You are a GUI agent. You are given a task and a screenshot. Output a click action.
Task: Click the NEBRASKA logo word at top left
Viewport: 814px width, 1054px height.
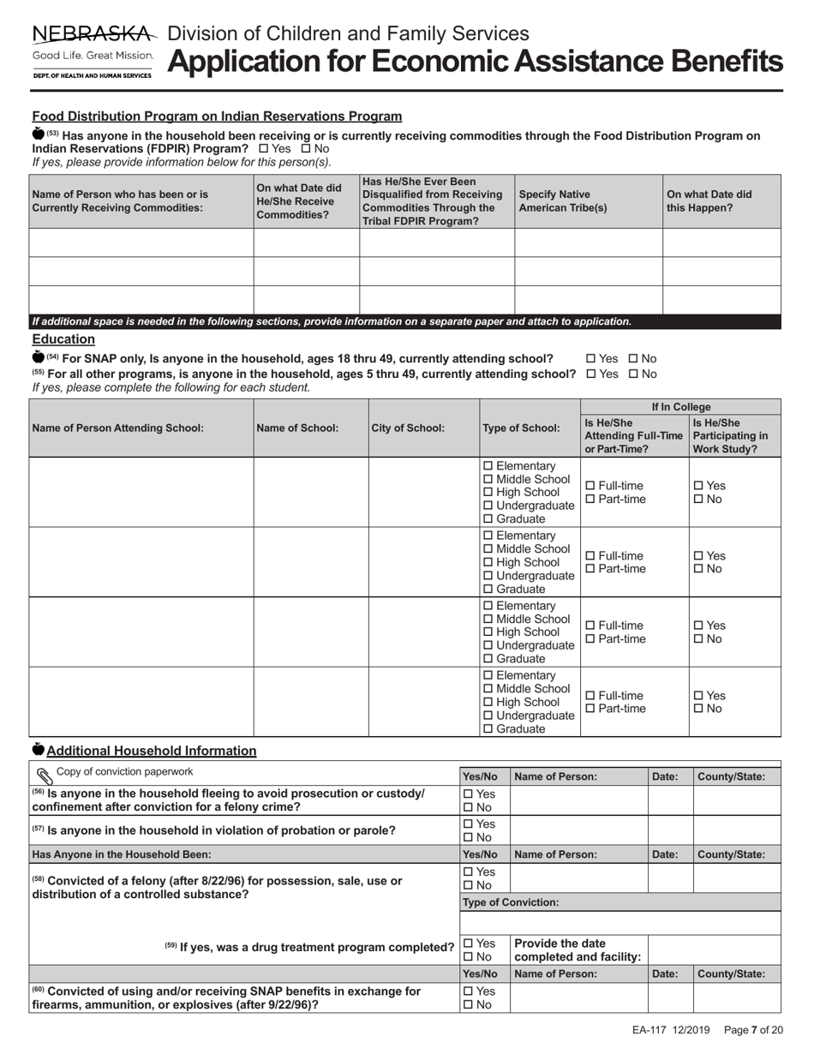(93, 34)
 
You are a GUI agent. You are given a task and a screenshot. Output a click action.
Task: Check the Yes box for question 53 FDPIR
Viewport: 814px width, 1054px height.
(263, 148)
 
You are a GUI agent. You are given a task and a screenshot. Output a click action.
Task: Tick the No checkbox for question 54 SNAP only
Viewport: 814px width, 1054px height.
(633, 358)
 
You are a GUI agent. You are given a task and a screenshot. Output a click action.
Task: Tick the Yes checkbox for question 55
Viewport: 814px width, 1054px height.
(591, 374)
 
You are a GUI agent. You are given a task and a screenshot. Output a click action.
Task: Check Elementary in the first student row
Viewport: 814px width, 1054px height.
(488, 465)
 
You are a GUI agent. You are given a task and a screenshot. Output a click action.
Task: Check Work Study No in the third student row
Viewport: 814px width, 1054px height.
(697, 639)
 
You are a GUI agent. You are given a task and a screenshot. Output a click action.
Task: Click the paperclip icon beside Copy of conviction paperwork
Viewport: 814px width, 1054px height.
(44, 773)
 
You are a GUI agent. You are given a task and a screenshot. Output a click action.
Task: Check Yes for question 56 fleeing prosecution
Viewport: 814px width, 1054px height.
(468, 793)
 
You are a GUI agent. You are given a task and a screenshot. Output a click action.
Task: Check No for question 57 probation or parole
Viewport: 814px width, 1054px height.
(468, 837)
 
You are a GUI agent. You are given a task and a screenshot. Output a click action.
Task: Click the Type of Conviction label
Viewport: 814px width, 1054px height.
(511, 902)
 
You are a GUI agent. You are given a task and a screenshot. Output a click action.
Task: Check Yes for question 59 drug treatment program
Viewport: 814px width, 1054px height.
(468, 943)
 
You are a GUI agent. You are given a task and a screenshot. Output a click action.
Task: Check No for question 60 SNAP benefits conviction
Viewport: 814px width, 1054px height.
(468, 1005)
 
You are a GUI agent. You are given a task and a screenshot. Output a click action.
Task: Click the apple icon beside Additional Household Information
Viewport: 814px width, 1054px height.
(38, 750)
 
